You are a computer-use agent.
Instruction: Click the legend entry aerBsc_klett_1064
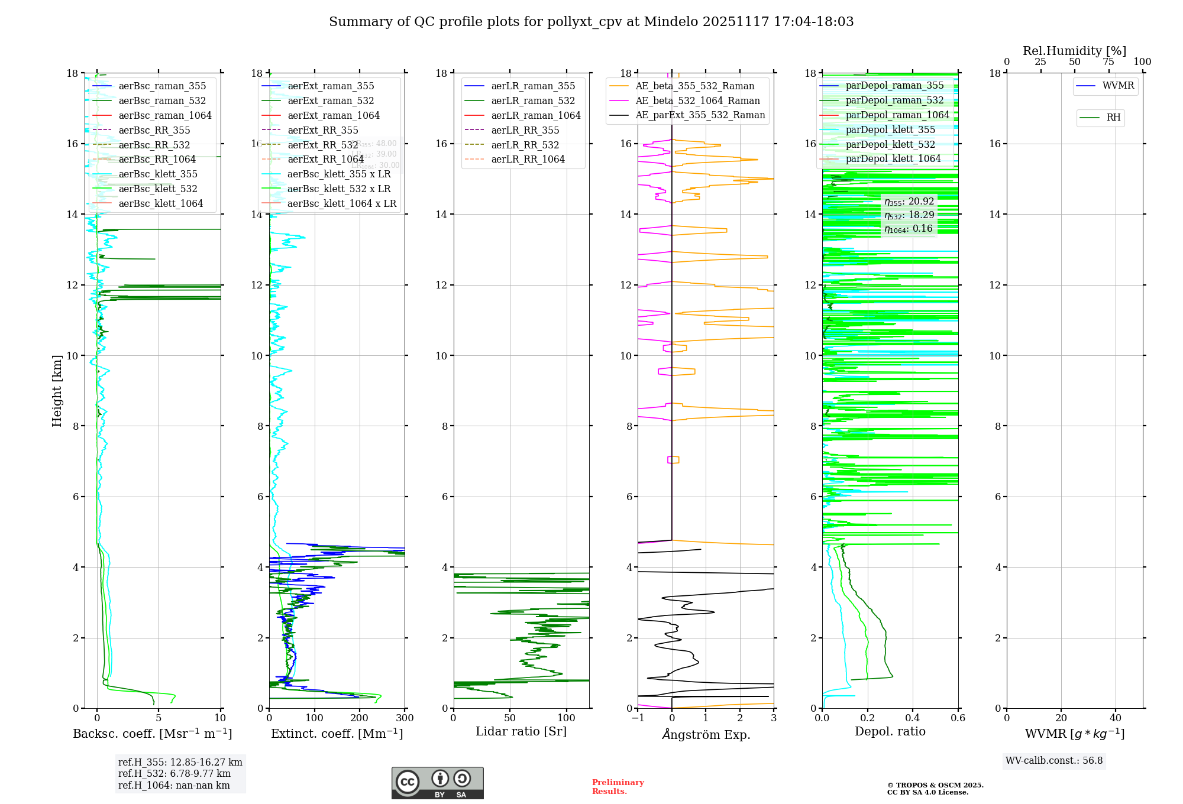pyautogui.click(x=160, y=203)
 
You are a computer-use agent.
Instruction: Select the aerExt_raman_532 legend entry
pyautogui.click(x=331, y=100)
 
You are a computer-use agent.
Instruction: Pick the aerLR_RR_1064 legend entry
pyautogui.click(x=528, y=159)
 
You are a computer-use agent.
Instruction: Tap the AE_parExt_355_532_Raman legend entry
pyautogui.click(x=700, y=115)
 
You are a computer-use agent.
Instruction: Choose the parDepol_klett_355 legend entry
pyautogui.click(x=890, y=129)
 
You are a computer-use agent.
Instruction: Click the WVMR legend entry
pyautogui.click(x=1118, y=86)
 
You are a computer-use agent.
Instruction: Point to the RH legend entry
pyautogui.click(x=1113, y=118)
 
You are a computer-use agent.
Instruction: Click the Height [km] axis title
pyautogui.click(x=57, y=391)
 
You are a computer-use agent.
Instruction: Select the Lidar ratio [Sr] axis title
pyautogui.click(x=521, y=731)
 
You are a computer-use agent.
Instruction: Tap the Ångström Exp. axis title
pyautogui.click(x=706, y=734)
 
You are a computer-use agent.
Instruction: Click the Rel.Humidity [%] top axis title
pyautogui.click(x=1074, y=51)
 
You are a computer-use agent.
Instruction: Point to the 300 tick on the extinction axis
pyautogui.click(x=405, y=718)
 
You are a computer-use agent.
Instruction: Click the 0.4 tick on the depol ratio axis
pyautogui.click(x=913, y=718)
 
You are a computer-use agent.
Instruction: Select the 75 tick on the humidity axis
pyautogui.click(x=1108, y=62)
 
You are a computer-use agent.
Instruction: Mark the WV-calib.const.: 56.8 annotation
pyautogui.click(x=1054, y=761)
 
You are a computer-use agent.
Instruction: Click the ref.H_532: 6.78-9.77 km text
pyautogui.click(x=174, y=774)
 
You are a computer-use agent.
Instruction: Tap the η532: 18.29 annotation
pyautogui.click(x=909, y=215)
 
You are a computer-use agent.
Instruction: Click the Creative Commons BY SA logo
pyautogui.click(x=437, y=783)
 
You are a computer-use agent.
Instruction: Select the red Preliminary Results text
pyautogui.click(x=618, y=787)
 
